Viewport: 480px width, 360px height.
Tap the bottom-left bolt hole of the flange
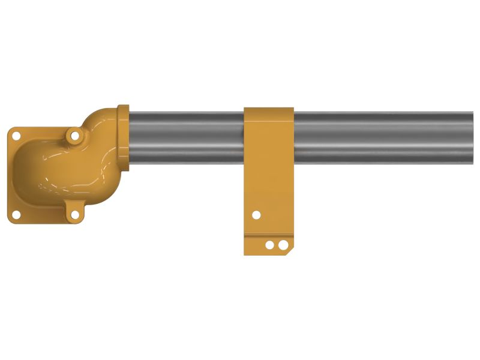17,215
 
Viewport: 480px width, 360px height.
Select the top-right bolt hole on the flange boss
75,136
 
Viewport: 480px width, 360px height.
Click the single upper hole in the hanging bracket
256,214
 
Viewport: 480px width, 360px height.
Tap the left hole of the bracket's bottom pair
270,245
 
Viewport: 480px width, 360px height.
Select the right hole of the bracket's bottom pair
280,245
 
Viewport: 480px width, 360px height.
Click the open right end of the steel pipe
471,137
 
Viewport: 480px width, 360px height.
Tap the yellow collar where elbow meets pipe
123,138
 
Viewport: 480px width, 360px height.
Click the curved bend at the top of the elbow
102,118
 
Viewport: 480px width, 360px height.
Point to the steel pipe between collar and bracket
186,137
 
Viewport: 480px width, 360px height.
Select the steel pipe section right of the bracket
384,137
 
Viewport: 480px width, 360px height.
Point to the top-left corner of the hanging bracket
245,109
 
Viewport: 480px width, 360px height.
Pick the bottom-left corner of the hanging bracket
245,253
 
